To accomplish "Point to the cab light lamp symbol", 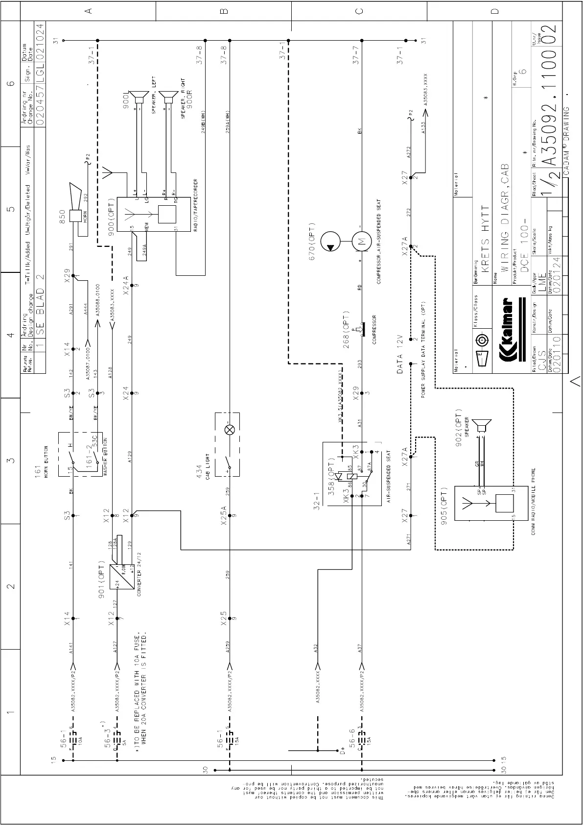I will [x=229, y=430].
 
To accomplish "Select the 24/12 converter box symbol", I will [x=122, y=578].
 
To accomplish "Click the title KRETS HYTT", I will [x=485, y=239].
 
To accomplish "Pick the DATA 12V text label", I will [x=399, y=354].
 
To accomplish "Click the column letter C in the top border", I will [x=359, y=10].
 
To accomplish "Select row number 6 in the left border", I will [x=10, y=83].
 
